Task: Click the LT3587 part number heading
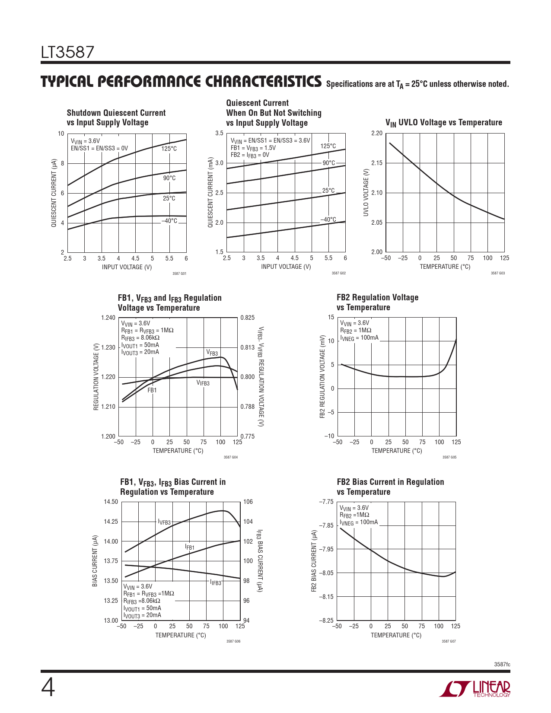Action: point(67,52)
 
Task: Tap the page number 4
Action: point(48,688)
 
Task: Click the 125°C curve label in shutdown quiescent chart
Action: point(169,149)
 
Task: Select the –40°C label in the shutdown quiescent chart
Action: point(169,221)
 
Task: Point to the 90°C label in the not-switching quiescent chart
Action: point(329,163)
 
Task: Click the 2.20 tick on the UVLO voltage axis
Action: point(377,133)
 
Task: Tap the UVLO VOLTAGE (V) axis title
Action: point(366,192)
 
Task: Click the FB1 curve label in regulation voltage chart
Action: point(152,390)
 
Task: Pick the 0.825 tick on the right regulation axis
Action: point(248,318)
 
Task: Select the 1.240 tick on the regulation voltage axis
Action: point(108,318)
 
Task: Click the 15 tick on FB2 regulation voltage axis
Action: point(331,317)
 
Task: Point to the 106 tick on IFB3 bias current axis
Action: point(248,502)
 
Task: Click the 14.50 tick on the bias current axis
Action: point(111,502)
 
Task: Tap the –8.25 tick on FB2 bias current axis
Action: point(326,621)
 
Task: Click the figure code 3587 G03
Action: point(497,273)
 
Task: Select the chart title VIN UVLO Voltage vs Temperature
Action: point(444,123)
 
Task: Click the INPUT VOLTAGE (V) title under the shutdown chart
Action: point(127,267)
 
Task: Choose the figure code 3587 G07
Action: point(449,641)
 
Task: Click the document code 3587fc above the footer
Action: point(502,664)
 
